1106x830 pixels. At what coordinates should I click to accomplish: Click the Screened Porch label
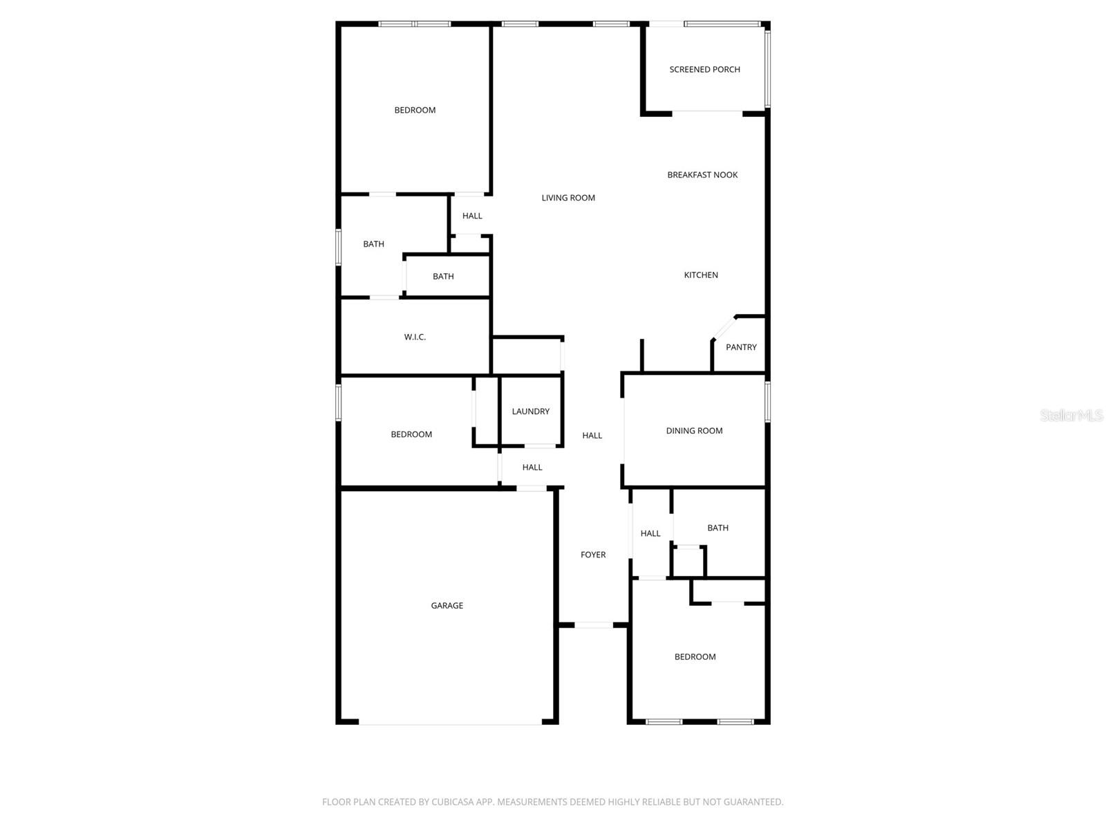[704, 70]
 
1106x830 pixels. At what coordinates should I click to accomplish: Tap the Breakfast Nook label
[702, 175]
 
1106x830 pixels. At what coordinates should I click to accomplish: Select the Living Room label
[568, 198]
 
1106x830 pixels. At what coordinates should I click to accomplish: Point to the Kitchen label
[700, 275]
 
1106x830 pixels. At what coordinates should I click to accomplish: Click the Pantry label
[741, 347]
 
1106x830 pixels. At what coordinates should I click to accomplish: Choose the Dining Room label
[694, 431]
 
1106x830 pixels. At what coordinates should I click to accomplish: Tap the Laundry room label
[530, 412]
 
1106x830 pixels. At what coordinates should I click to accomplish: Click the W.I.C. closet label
[415, 337]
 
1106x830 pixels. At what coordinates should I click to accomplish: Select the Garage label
[447, 606]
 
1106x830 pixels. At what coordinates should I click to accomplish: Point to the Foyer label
[592, 555]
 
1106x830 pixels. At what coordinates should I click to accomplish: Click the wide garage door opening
[450, 723]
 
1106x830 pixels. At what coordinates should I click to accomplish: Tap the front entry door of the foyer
[594, 625]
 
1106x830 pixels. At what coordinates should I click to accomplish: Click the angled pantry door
[724, 328]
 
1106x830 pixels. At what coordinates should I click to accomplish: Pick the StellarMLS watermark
[1071, 415]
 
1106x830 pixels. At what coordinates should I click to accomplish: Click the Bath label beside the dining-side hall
[718, 528]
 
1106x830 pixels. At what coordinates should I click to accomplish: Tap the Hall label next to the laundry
[532, 468]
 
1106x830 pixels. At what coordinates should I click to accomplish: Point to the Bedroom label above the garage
[411, 434]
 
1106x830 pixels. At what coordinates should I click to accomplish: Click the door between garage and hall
[531, 488]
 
